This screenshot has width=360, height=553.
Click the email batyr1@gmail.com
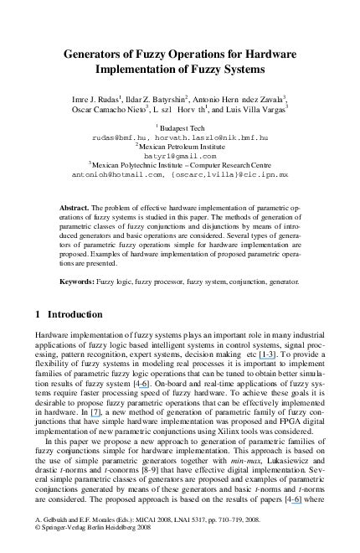[x=180, y=155]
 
